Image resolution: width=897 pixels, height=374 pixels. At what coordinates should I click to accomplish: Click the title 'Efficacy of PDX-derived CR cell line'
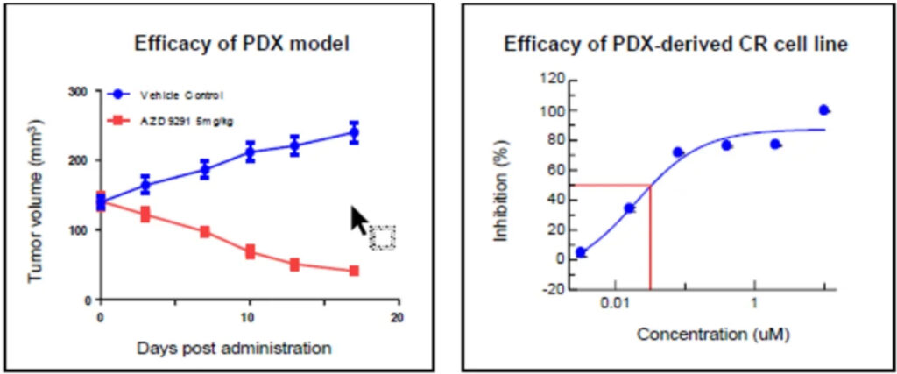click(675, 45)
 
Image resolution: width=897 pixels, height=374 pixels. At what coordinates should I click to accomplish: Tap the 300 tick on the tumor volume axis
click(79, 92)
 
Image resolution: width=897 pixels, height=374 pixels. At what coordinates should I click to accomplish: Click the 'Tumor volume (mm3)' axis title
click(37, 195)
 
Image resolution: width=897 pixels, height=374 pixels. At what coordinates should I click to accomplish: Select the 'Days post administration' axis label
click(234, 348)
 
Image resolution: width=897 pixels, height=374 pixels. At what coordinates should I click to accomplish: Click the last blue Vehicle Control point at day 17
click(354, 133)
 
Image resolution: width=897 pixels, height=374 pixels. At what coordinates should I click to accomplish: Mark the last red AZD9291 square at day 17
click(354, 272)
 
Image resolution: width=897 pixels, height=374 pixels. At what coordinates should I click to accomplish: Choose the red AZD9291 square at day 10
click(250, 252)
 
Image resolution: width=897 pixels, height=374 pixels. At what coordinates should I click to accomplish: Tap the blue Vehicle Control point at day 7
click(205, 169)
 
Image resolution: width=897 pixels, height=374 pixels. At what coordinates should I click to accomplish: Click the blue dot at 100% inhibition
click(823, 110)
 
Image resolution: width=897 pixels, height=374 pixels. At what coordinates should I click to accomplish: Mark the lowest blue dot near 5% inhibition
click(580, 252)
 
